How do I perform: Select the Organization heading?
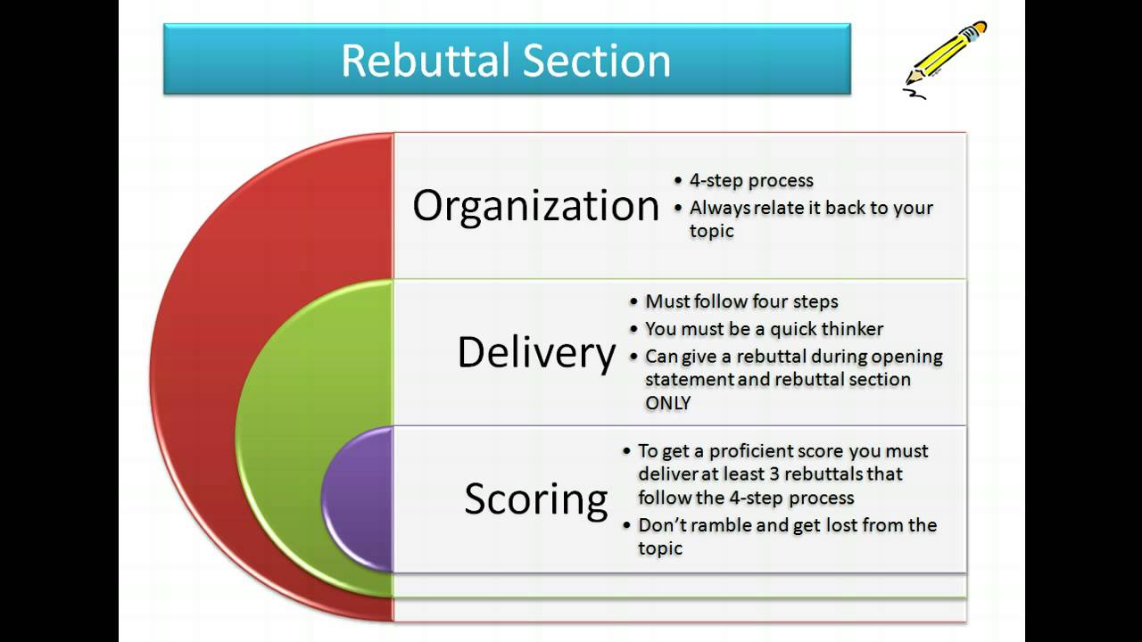[535, 206]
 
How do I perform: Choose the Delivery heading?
[535, 353]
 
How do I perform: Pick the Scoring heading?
[535, 498]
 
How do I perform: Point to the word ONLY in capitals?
[668, 403]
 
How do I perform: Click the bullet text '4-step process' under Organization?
[751, 180]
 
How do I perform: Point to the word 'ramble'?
[722, 525]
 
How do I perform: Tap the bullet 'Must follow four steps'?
[741, 301]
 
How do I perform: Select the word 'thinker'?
[852, 329]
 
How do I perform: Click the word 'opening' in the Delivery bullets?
[907, 357]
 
